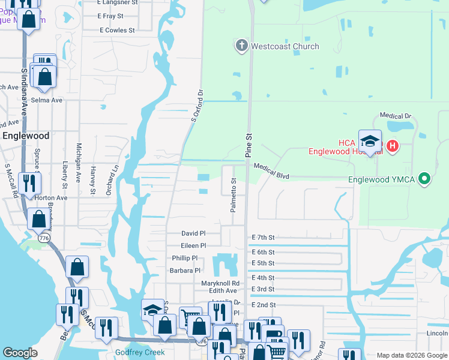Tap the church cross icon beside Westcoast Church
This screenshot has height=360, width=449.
tap(241, 46)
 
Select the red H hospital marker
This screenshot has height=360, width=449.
tap(392, 145)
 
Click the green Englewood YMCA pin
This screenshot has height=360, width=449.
tap(425, 179)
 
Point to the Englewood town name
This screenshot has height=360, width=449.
tap(26, 136)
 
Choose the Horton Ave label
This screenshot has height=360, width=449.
tap(50, 197)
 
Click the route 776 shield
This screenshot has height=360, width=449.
tap(44, 238)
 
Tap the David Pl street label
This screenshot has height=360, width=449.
tap(193, 233)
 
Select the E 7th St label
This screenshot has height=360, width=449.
tap(263, 238)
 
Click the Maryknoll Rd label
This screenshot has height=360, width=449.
tap(220, 283)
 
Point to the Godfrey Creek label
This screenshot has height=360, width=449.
tap(140, 352)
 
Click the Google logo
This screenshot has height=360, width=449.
tap(20, 353)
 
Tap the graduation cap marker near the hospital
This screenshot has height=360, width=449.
tap(370, 142)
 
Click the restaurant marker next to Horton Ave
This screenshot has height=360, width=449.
tap(29, 183)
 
